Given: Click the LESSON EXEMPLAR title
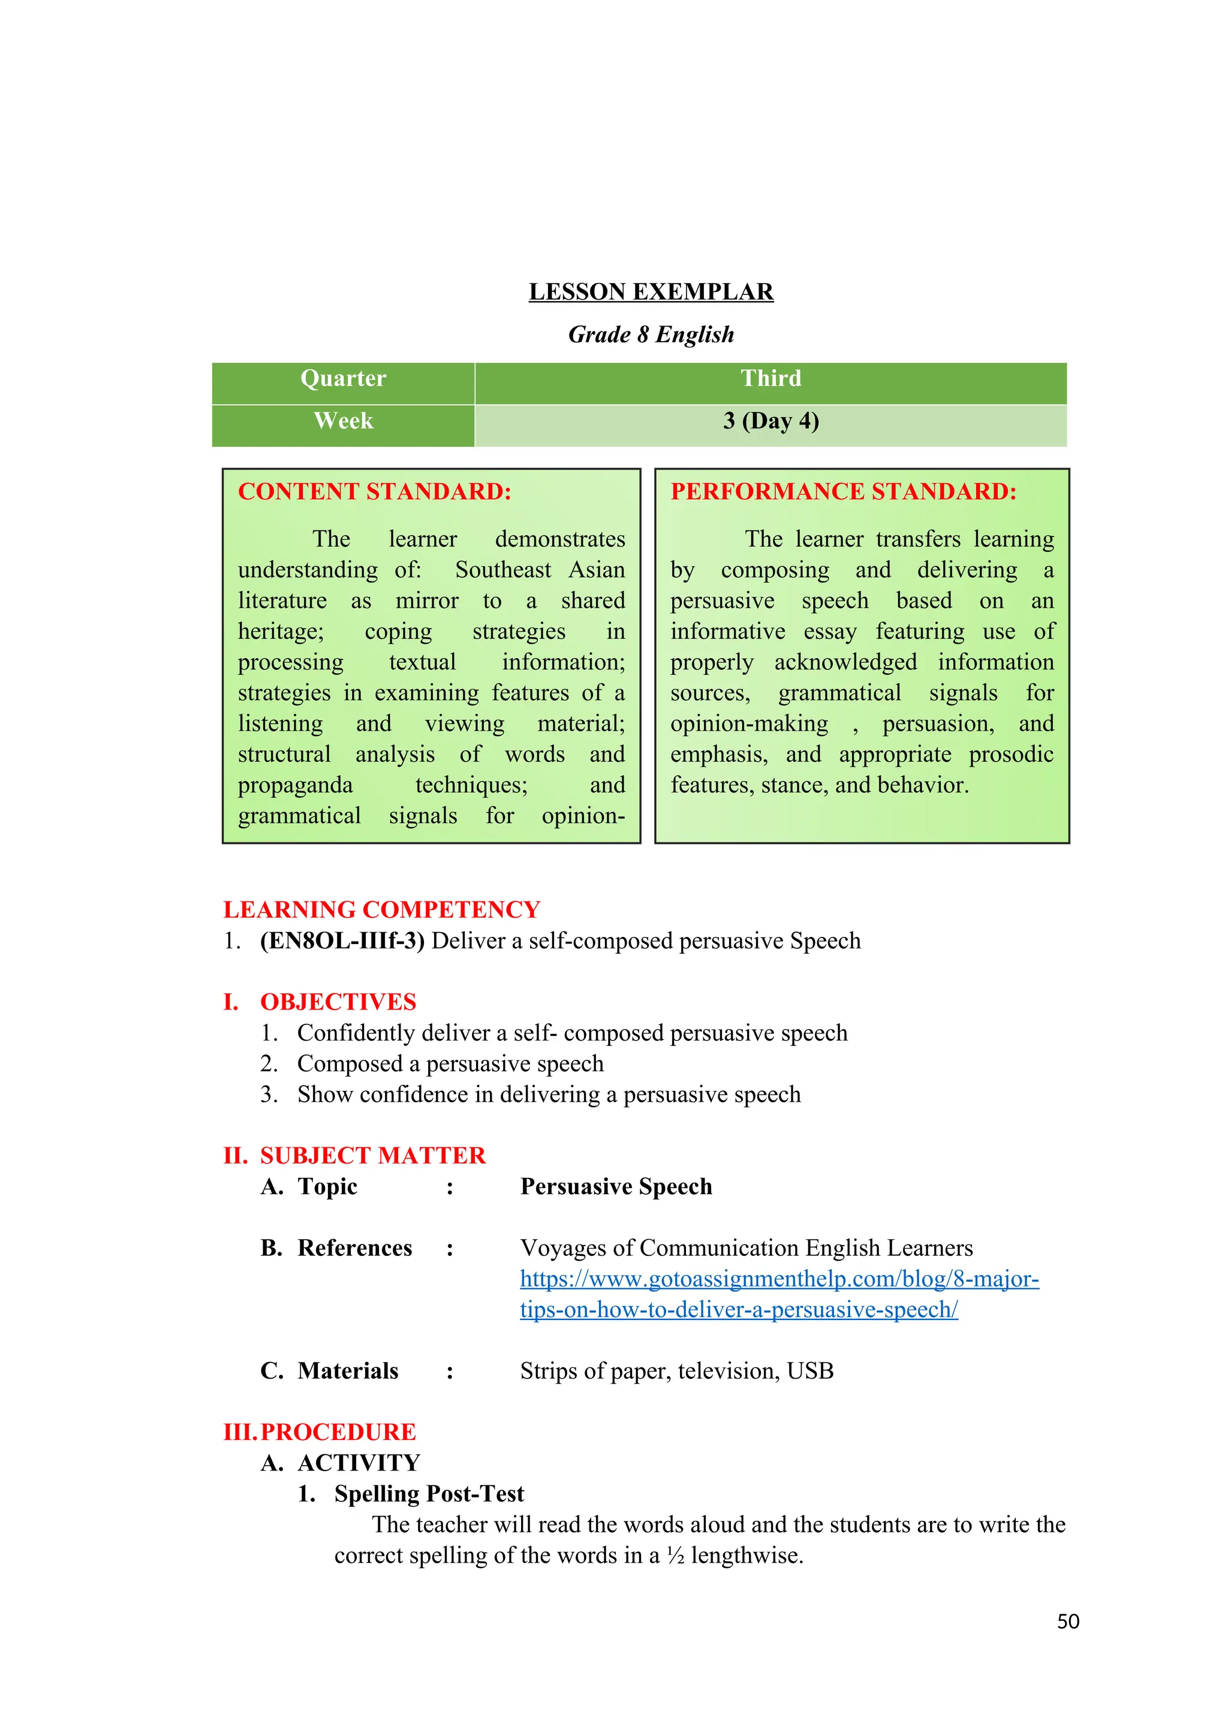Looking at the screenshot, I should click(x=651, y=292).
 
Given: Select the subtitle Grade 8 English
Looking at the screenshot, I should click(x=651, y=334).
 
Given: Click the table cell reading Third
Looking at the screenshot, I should click(x=770, y=378).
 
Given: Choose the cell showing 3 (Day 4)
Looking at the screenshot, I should click(x=770, y=421).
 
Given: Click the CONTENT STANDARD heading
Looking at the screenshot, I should click(x=374, y=492).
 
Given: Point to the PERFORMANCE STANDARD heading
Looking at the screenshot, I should click(x=843, y=492).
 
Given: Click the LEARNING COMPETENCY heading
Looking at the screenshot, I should click(x=381, y=909).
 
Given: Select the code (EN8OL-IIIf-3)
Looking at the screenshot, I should click(x=342, y=941).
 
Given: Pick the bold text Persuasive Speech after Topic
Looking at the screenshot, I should click(x=616, y=1186).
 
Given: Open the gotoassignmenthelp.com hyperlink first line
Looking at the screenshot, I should click(x=779, y=1279).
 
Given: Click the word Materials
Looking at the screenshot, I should click(x=348, y=1371).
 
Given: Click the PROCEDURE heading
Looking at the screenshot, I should click(x=338, y=1432).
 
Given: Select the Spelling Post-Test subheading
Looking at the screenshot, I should click(x=429, y=1494).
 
